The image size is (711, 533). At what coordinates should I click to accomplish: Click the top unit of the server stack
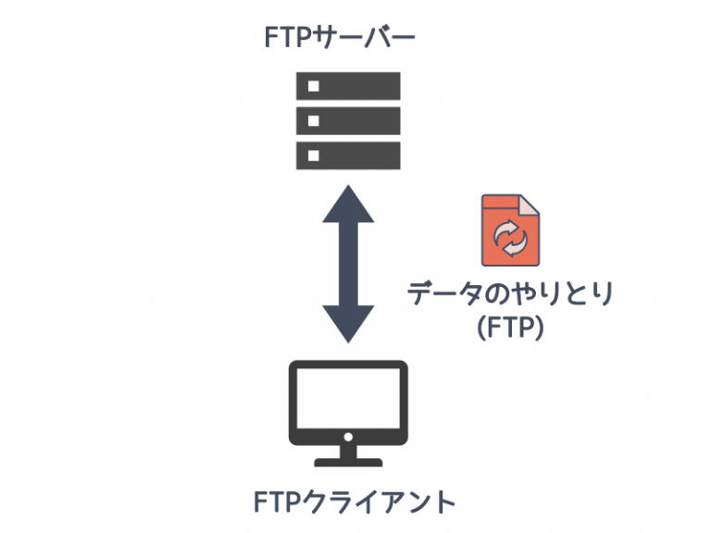[348, 86]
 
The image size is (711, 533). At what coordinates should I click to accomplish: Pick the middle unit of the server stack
[348, 120]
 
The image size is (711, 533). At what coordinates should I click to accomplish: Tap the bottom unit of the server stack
[348, 155]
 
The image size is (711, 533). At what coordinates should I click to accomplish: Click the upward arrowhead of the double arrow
[348, 205]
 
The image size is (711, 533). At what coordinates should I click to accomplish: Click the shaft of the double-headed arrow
[348, 264]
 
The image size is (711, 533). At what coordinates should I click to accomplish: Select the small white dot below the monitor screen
[348, 437]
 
